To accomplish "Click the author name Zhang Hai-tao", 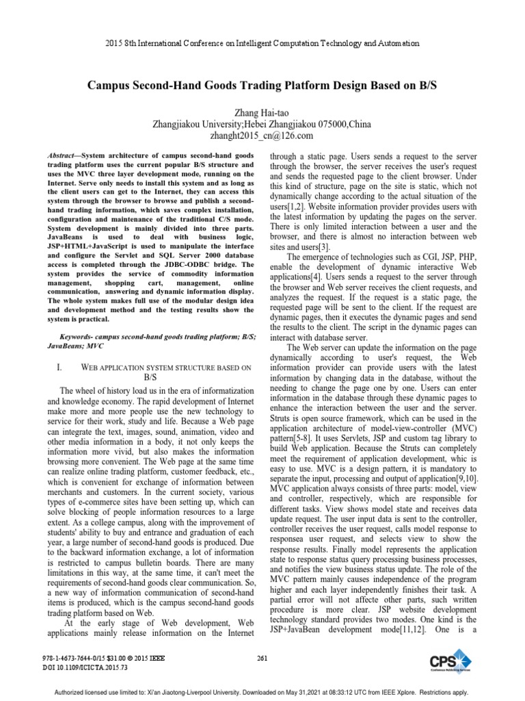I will (x=263, y=112).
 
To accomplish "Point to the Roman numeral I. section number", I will (x=59, y=368).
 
